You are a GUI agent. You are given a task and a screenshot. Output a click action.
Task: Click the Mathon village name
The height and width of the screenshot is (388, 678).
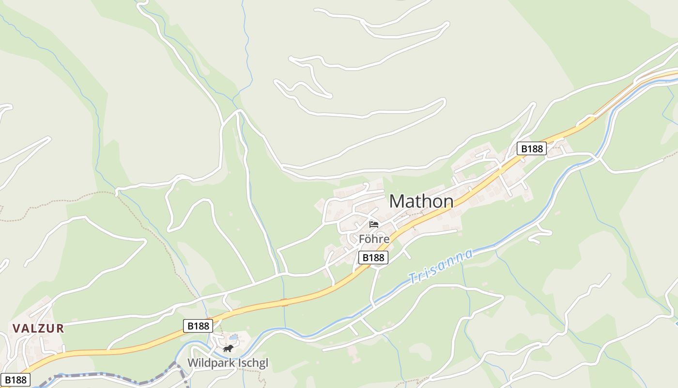click(421, 201)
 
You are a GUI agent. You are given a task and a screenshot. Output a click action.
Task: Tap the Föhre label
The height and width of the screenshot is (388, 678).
click(374, 239)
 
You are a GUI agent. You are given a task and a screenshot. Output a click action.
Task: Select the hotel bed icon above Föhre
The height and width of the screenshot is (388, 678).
click(374, 224)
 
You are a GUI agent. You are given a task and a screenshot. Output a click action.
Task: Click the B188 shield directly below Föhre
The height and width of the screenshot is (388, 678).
click(373, 258)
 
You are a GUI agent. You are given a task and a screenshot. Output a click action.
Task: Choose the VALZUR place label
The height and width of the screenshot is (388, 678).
click(38, 328)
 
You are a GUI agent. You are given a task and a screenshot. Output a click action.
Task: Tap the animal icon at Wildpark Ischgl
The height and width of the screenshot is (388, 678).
click(228, 349)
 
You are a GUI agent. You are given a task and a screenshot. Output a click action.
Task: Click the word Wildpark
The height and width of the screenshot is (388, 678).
click(211, 363)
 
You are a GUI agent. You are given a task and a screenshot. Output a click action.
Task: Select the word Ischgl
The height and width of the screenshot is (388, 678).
click(252, 363)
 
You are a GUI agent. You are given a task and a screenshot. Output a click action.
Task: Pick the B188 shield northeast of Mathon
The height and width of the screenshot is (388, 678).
click(532, 148)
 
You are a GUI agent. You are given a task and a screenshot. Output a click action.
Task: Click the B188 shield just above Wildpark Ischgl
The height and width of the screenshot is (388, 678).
click(198, 326)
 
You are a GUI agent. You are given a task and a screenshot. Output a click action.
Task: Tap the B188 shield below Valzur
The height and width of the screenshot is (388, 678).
click(15, 380)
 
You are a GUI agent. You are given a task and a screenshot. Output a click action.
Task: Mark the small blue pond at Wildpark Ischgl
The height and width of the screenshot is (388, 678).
click(233, 337)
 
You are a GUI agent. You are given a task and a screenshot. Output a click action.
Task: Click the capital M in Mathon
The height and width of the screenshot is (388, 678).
click(397, 201)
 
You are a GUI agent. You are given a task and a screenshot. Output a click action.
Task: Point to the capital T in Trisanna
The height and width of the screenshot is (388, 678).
click(412, 279)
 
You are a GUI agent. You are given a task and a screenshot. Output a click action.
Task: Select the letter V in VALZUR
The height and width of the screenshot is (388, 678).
click(16, 328)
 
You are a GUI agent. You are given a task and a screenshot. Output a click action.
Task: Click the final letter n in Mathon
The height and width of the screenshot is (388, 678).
click(448, 201)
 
